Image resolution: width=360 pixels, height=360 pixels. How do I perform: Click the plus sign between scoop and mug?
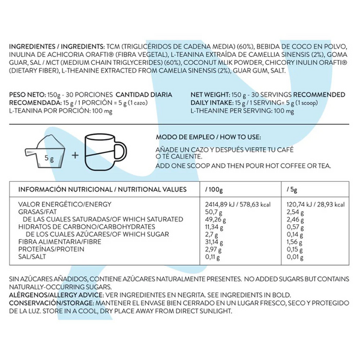76,155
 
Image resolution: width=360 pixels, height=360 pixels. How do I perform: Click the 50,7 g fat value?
214,212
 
